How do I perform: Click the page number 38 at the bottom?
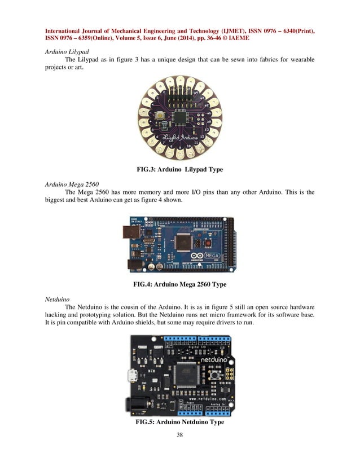(180, 435)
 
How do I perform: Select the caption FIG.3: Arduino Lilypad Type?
(180, 169)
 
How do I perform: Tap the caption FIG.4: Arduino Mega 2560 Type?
(180, 284)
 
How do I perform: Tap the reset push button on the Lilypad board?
(162, 116)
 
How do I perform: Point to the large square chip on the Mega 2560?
(183, 243)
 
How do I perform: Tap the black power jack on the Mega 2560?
(135, 263)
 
